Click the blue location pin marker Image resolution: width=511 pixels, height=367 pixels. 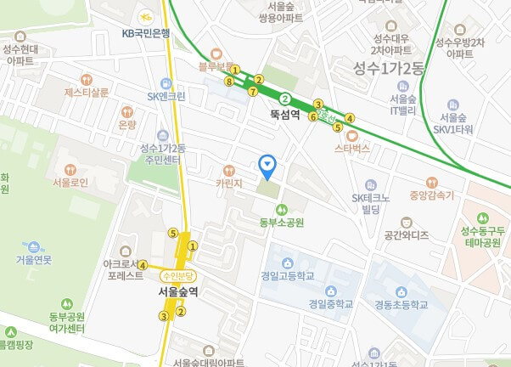pyautogui.click(x=268, y=164)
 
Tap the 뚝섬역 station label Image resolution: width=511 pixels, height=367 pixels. pyautogui.click(x=285, y=113)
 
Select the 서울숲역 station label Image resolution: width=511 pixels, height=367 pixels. pyautogui.click(x=178, y=291)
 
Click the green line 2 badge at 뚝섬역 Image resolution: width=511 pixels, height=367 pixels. pyautogui.click(x=285, y=98)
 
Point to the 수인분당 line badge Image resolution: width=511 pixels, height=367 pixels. pyautogui.click(x=179, y=275)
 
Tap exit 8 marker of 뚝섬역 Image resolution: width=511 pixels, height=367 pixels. pyautogui.click(x=229, y=81)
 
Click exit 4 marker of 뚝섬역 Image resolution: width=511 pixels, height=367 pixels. pyautogui.click(x=350, y=118)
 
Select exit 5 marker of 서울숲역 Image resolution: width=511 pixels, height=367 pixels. pyautogui.click(x=173, y=234)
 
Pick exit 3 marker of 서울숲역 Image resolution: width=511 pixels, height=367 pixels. pyautogui.click(x=163, y=317)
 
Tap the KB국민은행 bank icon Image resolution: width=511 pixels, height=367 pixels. pyautogui.click(x=146, y=17)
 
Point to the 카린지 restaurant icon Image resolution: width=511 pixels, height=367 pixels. pyautogui.click(x=227, y=168)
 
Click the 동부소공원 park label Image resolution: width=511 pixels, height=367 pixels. pyautogui.click(x=281, y=223)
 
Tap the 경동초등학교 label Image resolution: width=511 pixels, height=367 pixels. pyautogui.click(x=396, y=303)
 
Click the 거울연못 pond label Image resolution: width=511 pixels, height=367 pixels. pyautogui.click(x=34, y=259)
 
